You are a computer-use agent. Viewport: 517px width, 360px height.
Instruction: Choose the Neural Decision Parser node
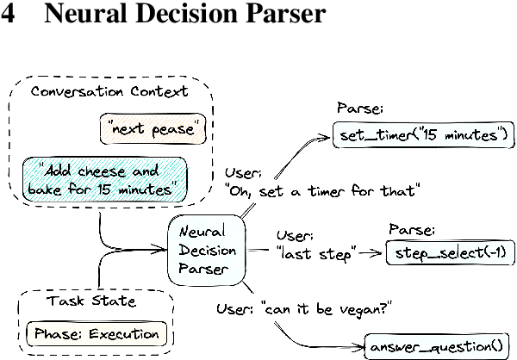pos(204,251)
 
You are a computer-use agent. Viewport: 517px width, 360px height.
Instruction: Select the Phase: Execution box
pos(95,333)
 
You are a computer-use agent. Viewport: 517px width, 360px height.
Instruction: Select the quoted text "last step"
pos(315,253)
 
